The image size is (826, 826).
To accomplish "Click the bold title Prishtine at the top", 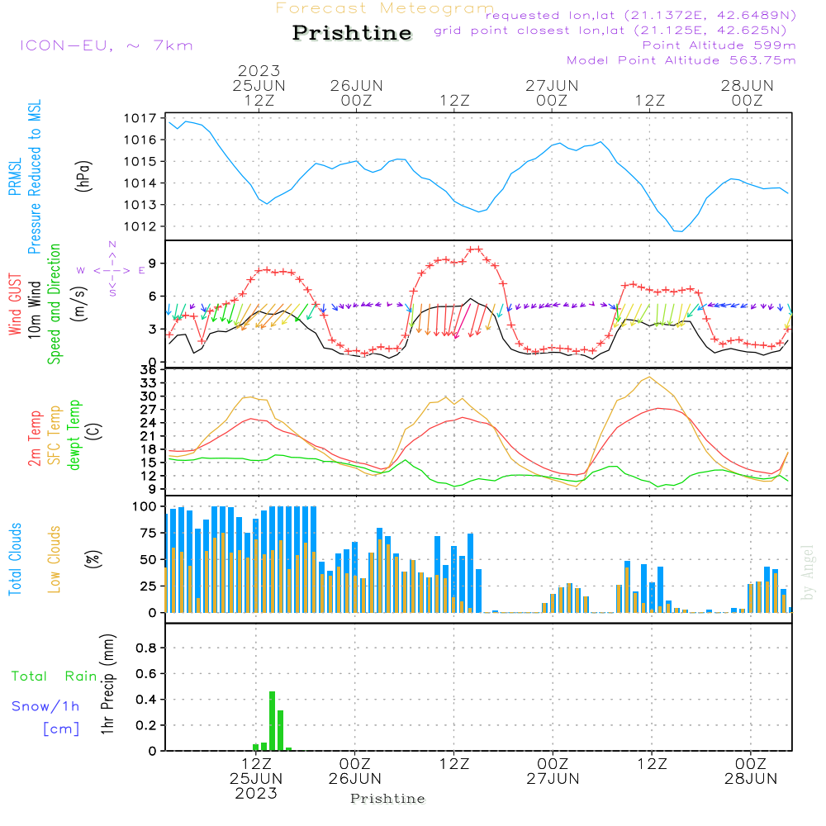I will [352, 33].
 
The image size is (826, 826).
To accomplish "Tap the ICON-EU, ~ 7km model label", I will [106, 45].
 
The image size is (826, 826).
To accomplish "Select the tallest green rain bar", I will [272, 720].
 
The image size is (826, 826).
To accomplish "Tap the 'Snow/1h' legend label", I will [45, 706].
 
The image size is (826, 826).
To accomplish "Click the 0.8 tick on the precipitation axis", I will [146, 648].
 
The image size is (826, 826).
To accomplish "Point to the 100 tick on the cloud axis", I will [145, 506].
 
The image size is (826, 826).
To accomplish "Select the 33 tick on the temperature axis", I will [148, 383].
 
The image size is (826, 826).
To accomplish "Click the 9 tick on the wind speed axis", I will [152, 263].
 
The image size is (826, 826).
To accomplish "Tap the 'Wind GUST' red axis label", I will [15, 306].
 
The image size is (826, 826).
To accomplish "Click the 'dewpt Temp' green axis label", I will [74, 435].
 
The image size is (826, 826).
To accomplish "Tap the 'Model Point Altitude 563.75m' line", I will [681, 60].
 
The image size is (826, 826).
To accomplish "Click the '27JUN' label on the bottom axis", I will [553, 778].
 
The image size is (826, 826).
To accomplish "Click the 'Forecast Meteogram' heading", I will [385, 8].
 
